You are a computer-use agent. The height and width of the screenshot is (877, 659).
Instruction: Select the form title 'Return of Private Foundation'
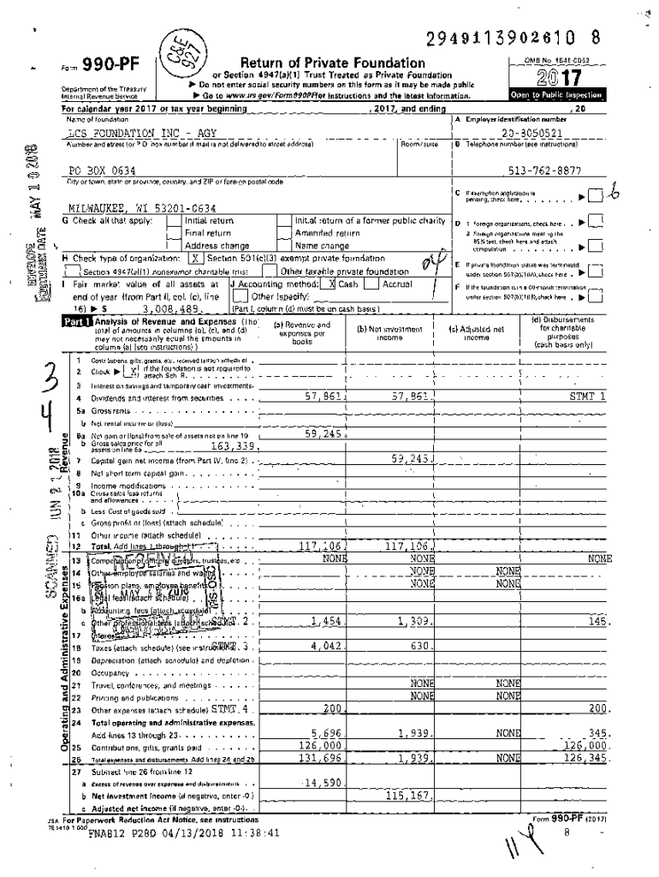(333, 63)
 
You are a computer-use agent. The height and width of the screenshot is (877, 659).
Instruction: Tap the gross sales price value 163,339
(234, 445)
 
